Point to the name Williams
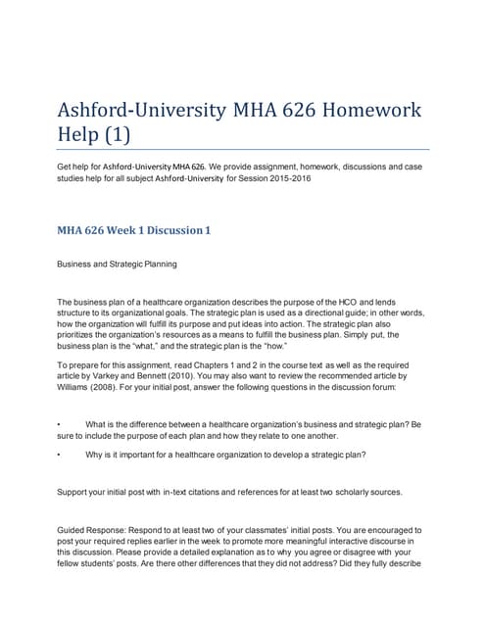[x=80, y=387]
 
